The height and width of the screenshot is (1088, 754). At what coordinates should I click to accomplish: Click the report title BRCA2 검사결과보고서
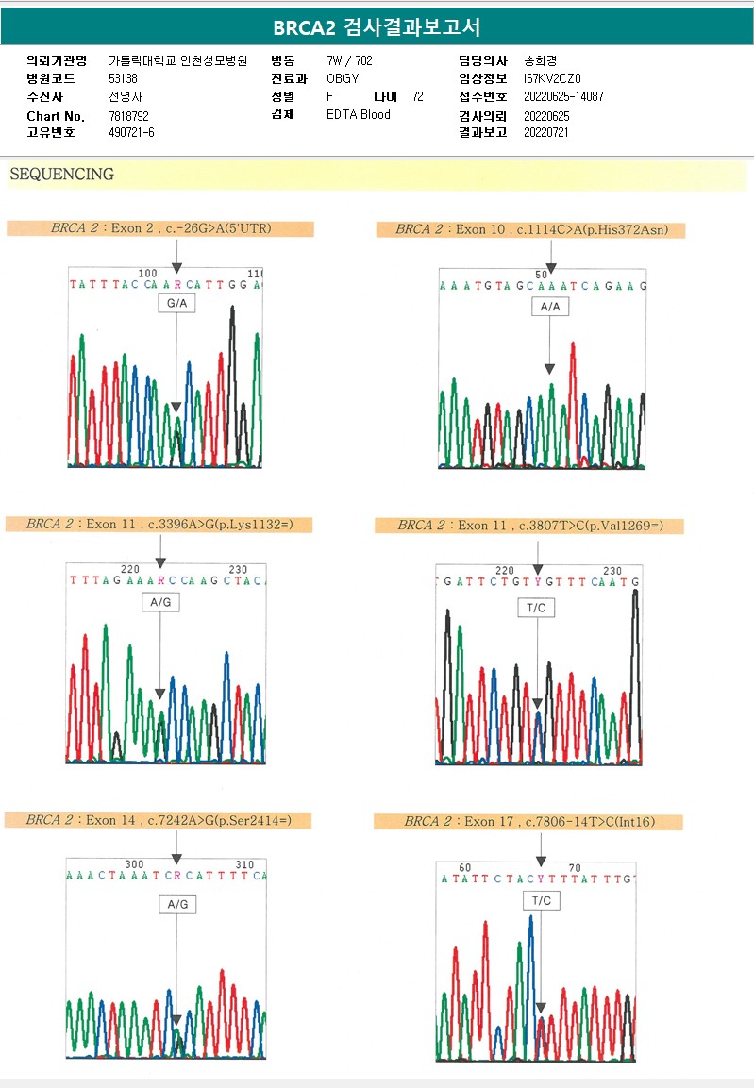(377, 27)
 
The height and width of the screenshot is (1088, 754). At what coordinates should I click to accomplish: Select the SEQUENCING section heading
(61, 175)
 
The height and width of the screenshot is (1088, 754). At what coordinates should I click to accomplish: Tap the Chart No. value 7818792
(129, 116)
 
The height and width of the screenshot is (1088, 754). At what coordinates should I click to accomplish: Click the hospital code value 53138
(124, 79)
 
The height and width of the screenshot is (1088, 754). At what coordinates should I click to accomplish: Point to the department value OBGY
(343, 79)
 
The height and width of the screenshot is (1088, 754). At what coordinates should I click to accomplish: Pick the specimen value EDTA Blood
(359, 115)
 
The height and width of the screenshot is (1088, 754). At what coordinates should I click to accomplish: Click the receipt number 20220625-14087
(563, 97)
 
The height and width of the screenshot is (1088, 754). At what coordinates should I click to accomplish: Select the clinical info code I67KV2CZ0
(552, 79)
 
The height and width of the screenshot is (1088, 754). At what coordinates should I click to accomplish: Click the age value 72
(418, 97)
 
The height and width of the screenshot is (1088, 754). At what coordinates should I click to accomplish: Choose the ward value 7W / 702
(349, 61)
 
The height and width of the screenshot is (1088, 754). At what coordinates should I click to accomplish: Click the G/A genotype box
(176, 304)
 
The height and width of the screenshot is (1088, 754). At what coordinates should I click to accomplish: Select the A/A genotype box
(549, 308)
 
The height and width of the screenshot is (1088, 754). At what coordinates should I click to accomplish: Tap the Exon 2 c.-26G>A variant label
(160, 228)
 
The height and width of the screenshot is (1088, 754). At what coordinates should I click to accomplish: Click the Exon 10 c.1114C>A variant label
(529, 229)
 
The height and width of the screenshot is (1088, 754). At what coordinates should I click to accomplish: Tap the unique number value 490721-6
(131, 133)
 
